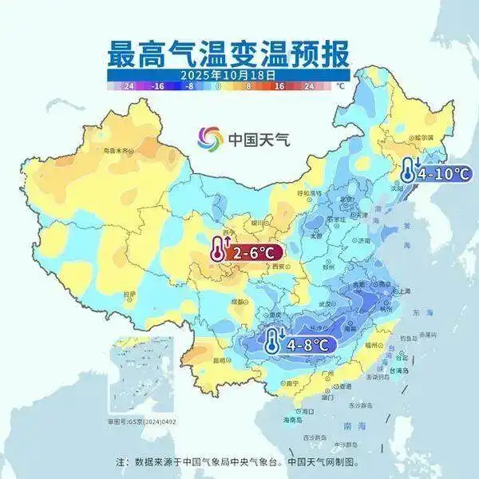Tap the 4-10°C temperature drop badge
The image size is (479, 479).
pos(436,170)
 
